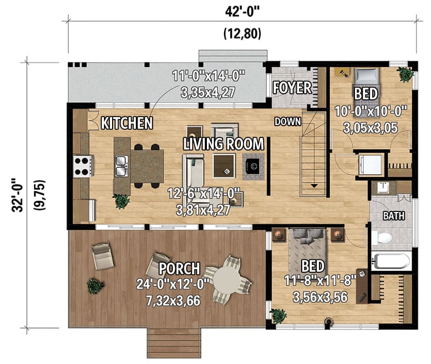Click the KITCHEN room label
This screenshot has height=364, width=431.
(127, 123)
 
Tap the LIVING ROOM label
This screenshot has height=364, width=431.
(224, 144)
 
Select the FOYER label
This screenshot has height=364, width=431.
(292, 87)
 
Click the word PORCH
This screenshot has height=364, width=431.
(179, 269)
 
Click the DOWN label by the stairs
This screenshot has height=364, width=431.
(287, 121)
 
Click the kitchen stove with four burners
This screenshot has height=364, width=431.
(84, 166)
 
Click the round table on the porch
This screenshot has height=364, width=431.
(229, 279)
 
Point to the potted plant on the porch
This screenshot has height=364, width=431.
(95, 286)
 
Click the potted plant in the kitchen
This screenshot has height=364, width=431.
(121, 202)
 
